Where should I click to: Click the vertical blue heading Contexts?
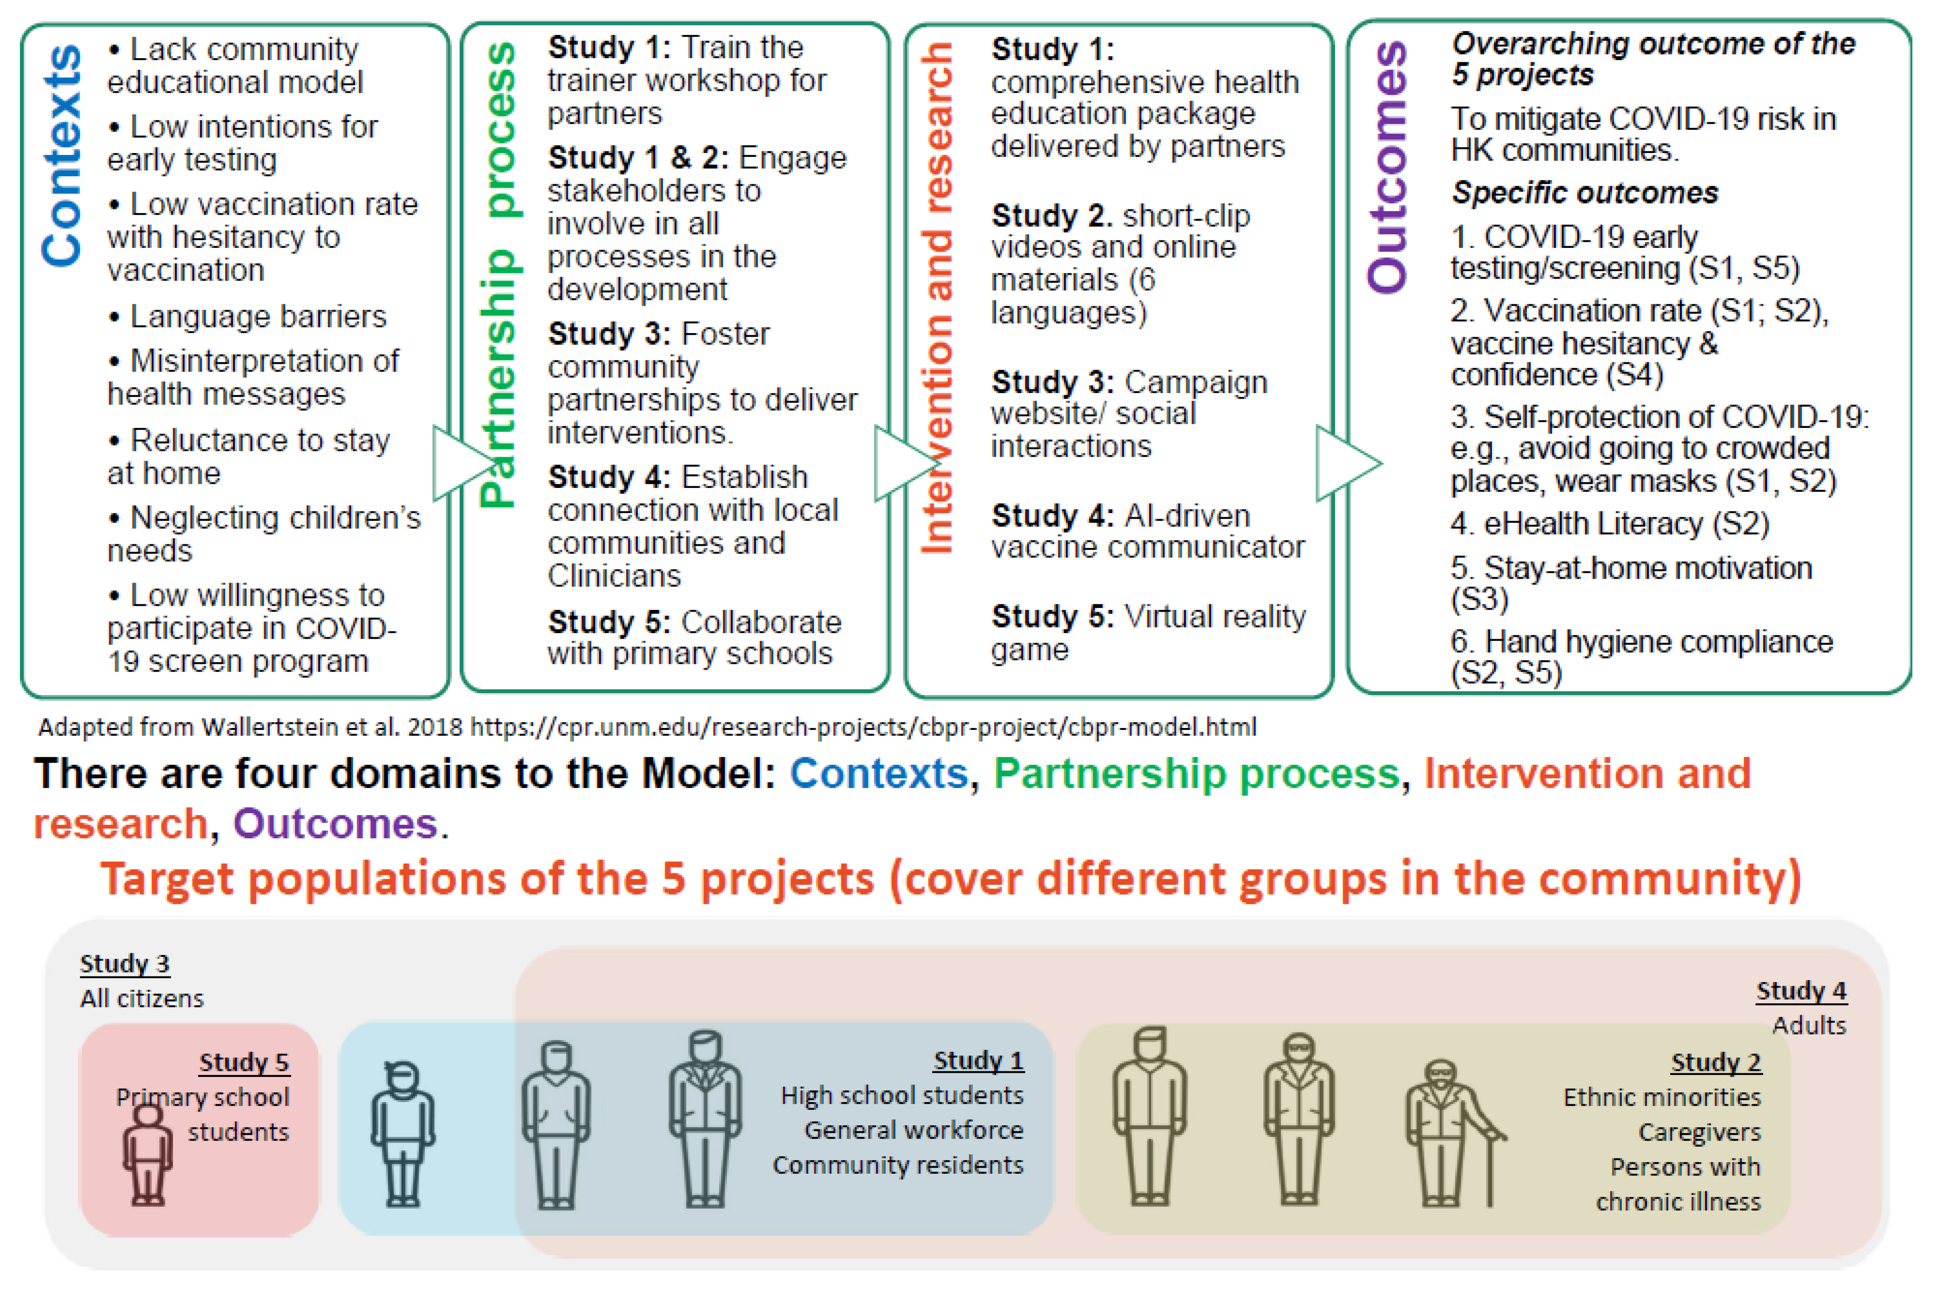(x=62, y=156)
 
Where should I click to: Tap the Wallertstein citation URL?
(x=862, y=727)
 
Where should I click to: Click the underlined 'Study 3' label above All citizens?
(x=125, y=963)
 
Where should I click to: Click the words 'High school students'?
(x=902, y=1096)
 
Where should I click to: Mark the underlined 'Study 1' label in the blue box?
(x=978, y=1061)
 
